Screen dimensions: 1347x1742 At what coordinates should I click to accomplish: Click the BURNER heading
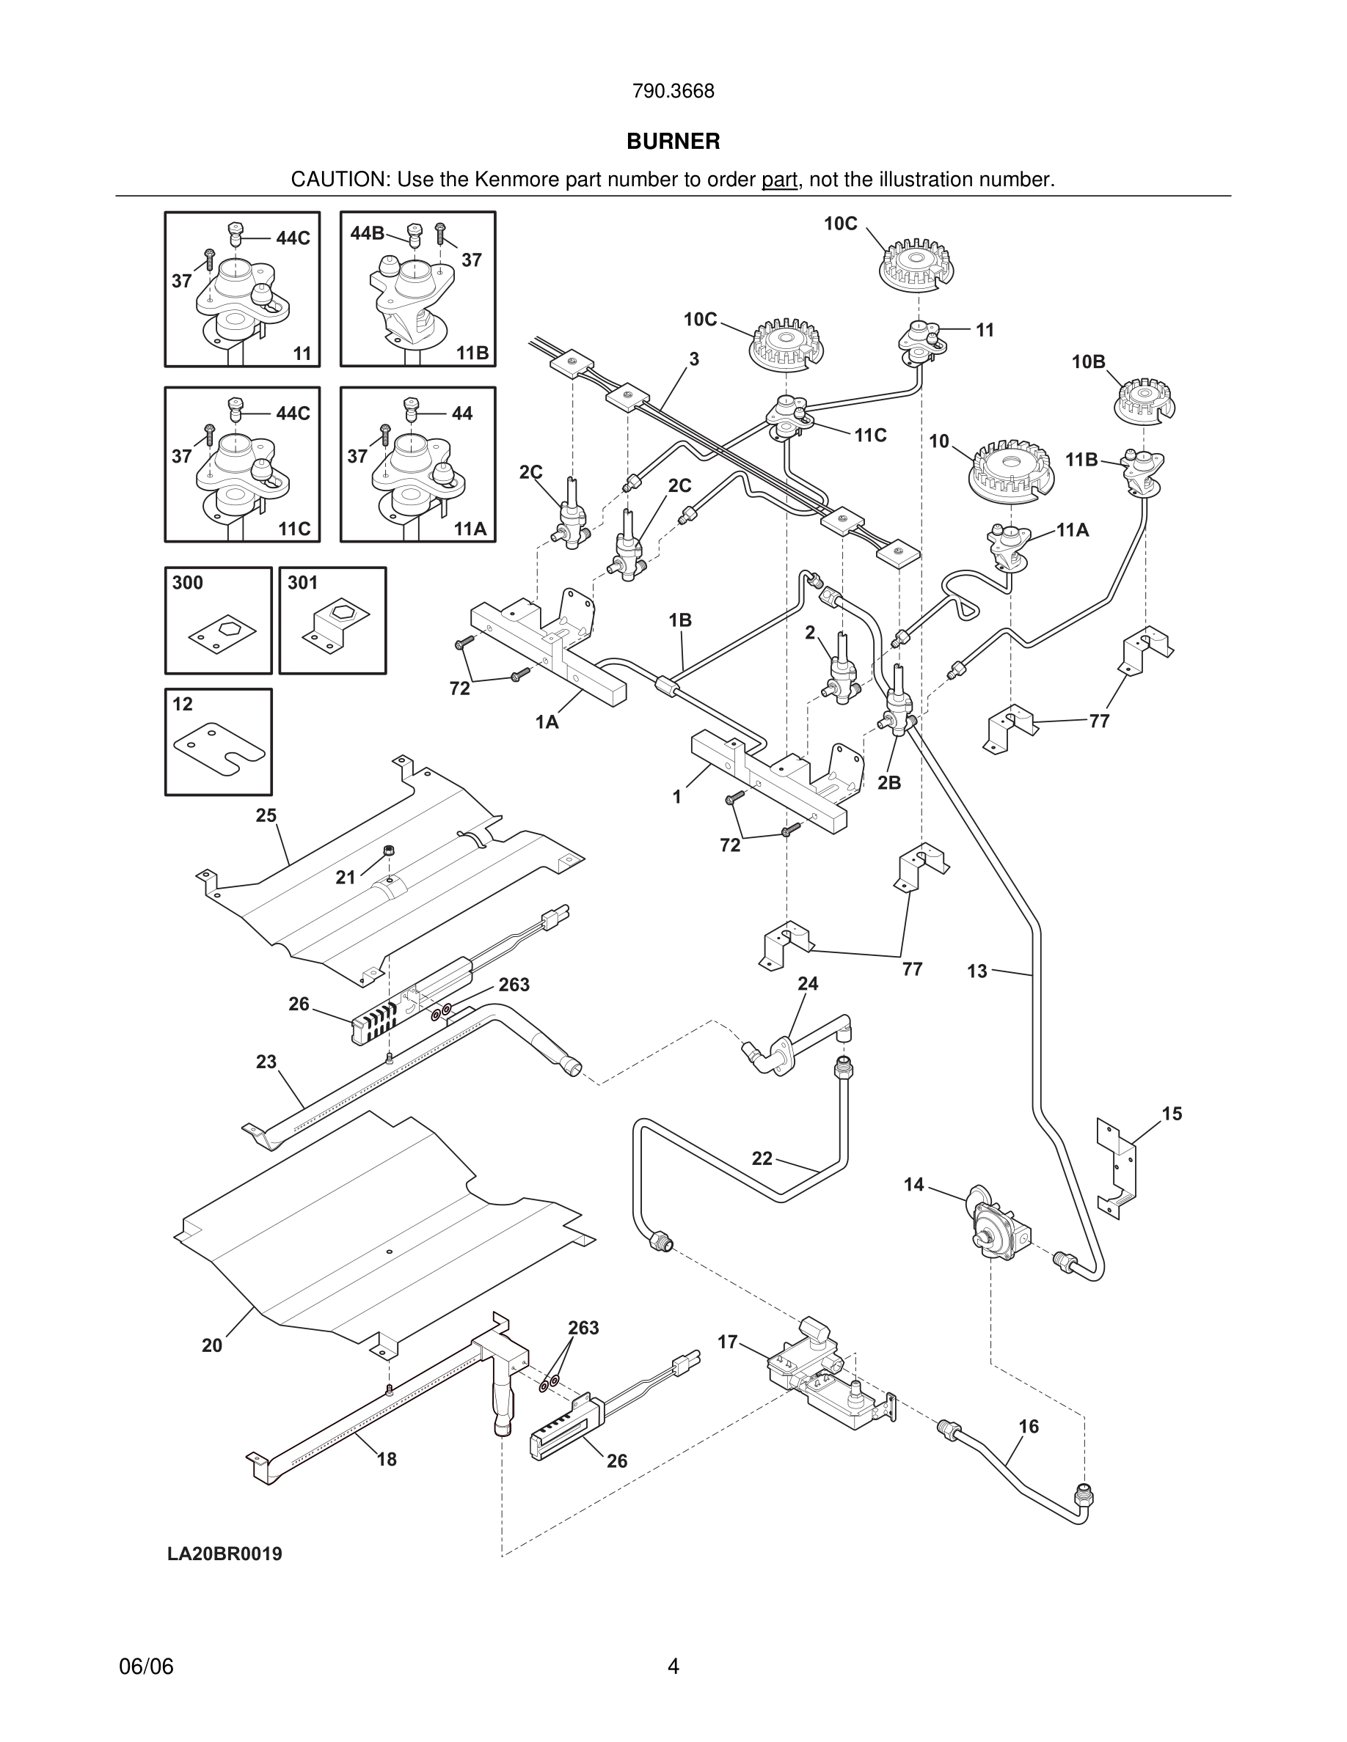tap(673, 142)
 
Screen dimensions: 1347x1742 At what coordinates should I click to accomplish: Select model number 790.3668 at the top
tap(673, 92)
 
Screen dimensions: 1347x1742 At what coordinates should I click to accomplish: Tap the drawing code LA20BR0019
tap(224, 1554)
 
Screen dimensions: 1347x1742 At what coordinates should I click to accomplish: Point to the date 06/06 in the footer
tap(146, 1667)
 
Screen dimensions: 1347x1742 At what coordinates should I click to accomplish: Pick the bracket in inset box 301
tap(335, 625)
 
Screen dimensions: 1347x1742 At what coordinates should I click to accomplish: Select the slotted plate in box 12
tap(219, 747)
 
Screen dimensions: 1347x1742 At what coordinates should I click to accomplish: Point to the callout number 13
tap(977, 971)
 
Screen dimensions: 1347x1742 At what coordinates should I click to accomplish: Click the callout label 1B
tap(680, 620)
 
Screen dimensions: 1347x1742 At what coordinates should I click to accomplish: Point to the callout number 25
tap(266, 815)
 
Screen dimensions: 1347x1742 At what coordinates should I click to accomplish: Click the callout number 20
tap(211, 1345)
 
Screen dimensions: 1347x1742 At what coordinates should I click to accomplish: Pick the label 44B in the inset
tap(367, 233)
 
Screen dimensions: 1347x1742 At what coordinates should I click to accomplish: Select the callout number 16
tap(1029, 1426)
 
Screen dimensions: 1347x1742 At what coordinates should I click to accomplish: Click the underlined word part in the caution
tap(780, 180)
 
